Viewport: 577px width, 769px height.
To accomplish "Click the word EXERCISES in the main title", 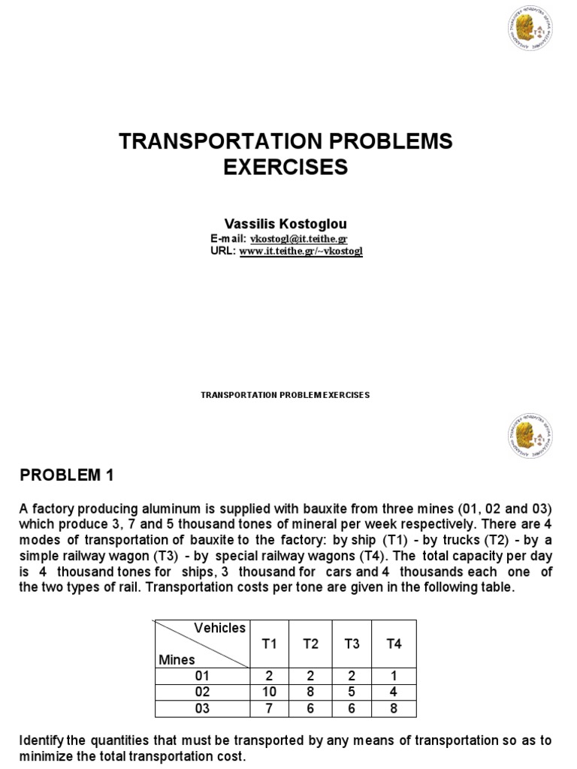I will coord(285,167).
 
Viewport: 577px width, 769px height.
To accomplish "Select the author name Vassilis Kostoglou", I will coord(285,223).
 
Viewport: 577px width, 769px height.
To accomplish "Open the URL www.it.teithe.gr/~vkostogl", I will coord(301,252).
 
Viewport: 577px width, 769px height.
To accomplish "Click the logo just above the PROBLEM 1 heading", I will coord(529,436).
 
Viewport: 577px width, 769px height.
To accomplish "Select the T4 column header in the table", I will coord(394,644).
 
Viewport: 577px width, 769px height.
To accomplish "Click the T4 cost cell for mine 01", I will coord(394,676).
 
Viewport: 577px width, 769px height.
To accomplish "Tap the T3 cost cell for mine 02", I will coord(352,692).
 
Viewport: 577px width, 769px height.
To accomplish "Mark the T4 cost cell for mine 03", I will coord(394,708).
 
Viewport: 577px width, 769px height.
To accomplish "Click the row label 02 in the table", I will coord(202,692).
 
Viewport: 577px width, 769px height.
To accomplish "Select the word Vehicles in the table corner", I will coord(219,628).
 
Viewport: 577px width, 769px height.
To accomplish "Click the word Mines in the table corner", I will coord(177,659).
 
